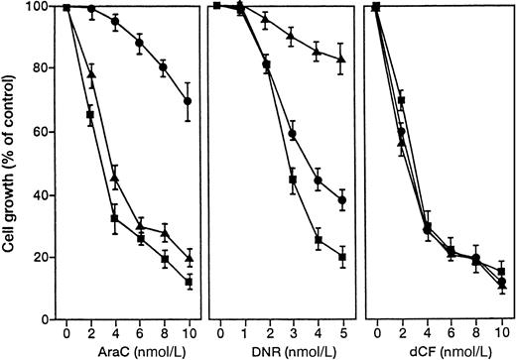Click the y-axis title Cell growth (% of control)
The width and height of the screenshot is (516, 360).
pos(13,165)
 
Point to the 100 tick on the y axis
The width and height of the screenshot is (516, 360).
pos(40,7)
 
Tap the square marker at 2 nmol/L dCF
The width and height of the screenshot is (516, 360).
pos(401,100)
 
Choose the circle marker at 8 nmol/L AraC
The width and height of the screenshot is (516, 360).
pos(164,68)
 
